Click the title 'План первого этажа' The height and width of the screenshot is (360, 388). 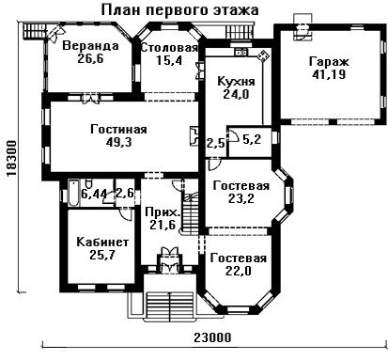pyautogui.click(x=179, y=10)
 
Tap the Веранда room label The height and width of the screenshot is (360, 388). pyautogui.click(x=90, y=46)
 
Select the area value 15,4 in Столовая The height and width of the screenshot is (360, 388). pyautogui.click(x=169, y=60)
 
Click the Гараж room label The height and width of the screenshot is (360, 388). pyautogui.click(x=329, y=62)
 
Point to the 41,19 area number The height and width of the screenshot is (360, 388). pyautogui.click(x=329, y=74)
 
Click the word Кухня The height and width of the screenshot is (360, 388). pyautogui.click(x=236, y=81)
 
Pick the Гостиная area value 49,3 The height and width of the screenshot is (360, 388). pyautogui.click(x=118, y=142)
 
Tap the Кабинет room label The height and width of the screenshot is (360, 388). pyautogui.click(x=102, y=243)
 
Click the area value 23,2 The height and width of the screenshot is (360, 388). pyautogui.click(x=241, y=198)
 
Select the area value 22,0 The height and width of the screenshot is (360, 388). pyautogui.click(x=239, y=271)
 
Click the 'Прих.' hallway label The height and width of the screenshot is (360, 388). pyautogui.click(x=163, y=212)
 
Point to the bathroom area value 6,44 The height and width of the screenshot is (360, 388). pyautogui.click(x=94, y=194)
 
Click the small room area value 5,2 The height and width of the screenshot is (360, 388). pyautogui.click(x=252, y=139)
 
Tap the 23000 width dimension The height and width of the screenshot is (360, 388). pyautogui.click(x=212, y=337)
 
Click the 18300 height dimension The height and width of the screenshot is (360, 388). pyautogui.click(x=11, y=159)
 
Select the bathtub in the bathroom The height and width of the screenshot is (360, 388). pyautogui.click(x=74, y=193)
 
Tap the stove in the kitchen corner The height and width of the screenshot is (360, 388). pyautogui.click(x=263, y=55)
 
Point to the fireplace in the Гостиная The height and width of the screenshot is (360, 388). pyautogui.click(x=194, y=136)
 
